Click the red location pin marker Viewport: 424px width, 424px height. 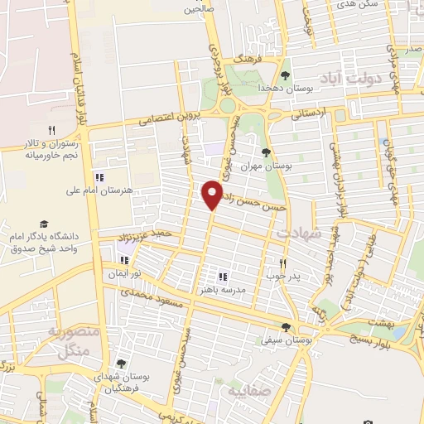212,195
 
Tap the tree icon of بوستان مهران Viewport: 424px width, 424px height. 265,152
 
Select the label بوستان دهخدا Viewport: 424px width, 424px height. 264,87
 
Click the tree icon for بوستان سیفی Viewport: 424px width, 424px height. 287,327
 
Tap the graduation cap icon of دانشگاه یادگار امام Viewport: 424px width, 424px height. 44,224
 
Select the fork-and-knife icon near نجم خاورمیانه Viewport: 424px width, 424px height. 51,130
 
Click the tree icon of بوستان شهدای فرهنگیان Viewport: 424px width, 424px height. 121,364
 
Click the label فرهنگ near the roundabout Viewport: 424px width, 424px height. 246,60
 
